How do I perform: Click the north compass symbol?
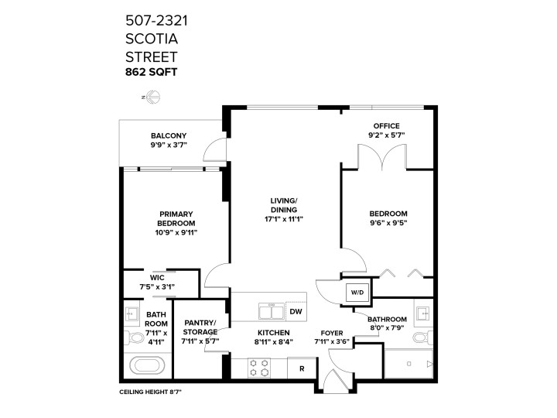coord(152,98)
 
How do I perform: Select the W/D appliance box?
coord(357,293)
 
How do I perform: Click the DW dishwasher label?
coord(296,311)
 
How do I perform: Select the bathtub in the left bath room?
coord(146,365)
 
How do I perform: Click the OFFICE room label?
coord(387,125)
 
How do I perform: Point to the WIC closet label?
coord(157,278)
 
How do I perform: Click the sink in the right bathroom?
coord(422,313)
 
